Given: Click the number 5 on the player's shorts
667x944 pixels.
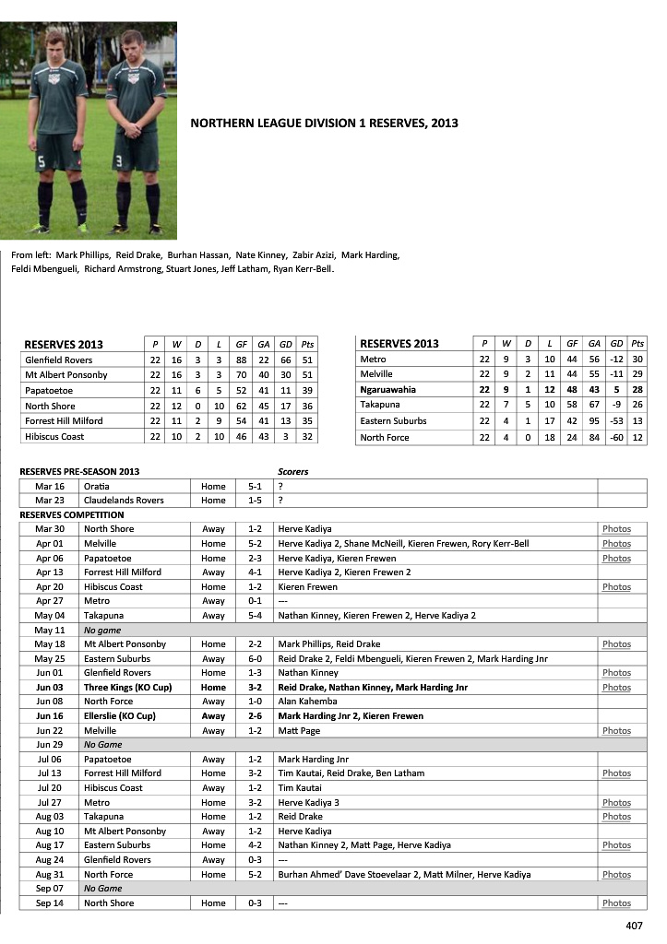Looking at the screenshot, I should (41, 163).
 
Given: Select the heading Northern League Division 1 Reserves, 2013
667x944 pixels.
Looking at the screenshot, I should (324, 122).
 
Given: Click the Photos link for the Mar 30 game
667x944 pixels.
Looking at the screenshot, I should (616, 529).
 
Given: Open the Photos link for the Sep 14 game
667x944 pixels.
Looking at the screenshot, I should (616, 903).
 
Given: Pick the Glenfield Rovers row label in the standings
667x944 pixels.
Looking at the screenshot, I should (59, 360).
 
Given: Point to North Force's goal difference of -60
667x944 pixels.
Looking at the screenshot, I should (616, 437).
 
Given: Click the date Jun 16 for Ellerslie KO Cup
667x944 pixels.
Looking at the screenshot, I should (50, 716).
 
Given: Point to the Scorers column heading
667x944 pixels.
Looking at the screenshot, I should (293, 472).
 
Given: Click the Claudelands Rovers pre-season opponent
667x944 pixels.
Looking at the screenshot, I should (124, 501).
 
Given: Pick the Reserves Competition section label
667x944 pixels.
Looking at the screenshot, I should (72, 515).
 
